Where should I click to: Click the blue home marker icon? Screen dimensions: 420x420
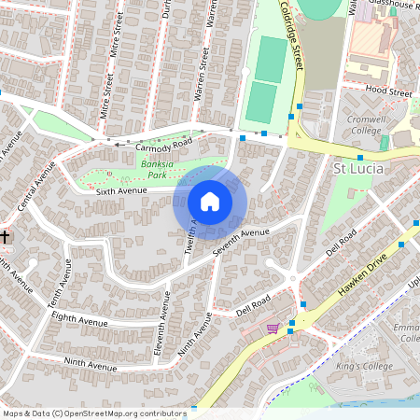[x=210, y=202]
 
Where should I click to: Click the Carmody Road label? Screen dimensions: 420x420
[x=162, y=146]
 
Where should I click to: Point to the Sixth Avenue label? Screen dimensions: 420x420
[x=122, y=191]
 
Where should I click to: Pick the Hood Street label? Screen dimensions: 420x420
[x=388, y=92]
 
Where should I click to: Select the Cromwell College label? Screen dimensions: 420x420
[x=372, y=126]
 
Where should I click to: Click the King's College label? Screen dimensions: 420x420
[x=361, y=365]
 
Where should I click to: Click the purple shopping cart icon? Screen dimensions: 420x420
[x=273, y=329]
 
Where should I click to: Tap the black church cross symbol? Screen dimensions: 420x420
[x=5, y=238]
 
